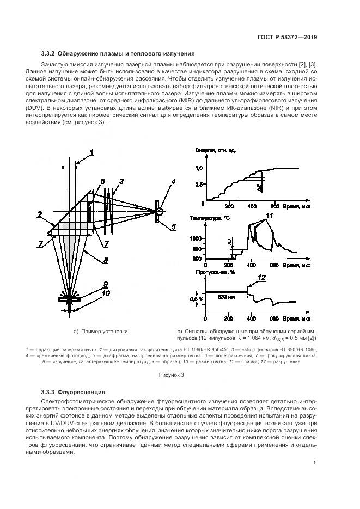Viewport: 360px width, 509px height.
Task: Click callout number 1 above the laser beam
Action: (93, 153)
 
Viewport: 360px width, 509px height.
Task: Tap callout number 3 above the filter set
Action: (121, 181)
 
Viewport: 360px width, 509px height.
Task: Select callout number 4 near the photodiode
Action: (173, 181)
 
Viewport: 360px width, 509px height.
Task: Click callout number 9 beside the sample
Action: (107, 284)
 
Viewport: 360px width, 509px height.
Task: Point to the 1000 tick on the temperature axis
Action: (196, 238)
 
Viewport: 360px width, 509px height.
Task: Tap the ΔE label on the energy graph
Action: (259, 187)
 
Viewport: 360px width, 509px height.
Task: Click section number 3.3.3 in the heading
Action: (51, 392)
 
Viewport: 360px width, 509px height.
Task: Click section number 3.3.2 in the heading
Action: (51, 53)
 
